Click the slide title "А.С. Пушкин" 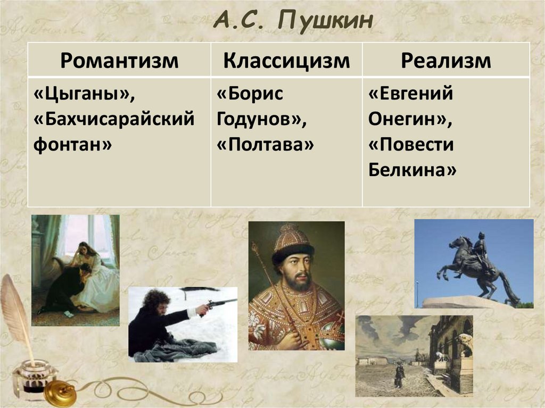click(294, 22)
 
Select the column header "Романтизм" click(119, 60)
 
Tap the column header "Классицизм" click(286, 60)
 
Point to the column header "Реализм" click(445, 60)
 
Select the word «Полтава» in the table click(265, 144)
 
